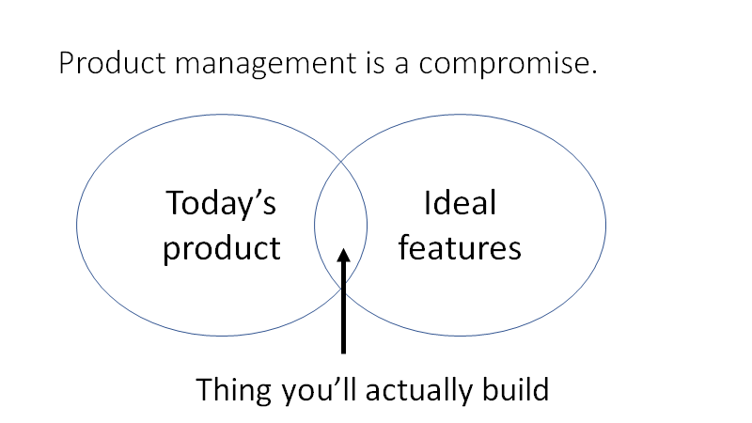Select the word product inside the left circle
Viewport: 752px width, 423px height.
coord(222,247)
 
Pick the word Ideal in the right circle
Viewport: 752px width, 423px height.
coord(460,203)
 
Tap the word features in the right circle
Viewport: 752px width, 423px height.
coord(460,247)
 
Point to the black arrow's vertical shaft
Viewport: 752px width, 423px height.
coord(344,310)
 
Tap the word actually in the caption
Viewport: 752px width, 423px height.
coord(415,388)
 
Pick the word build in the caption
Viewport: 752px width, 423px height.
coord(513,388)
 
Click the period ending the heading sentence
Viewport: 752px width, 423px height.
coord(594,73)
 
